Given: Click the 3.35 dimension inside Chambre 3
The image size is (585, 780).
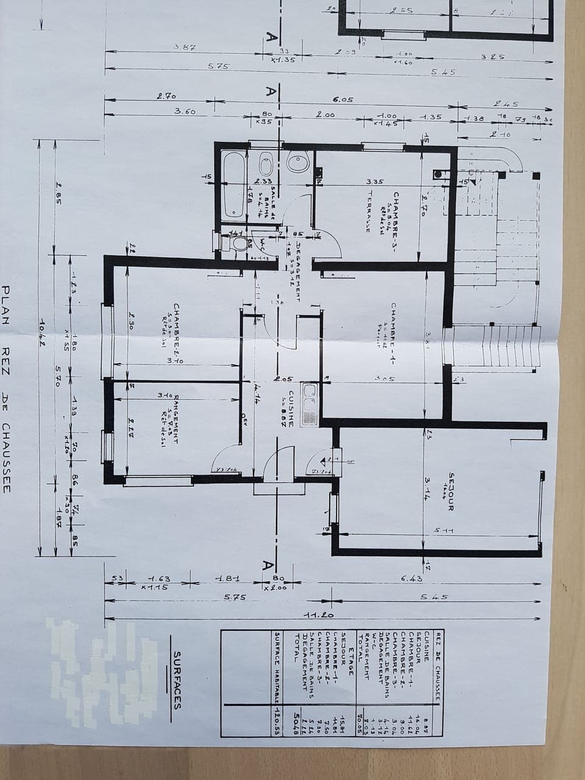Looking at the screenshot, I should click(x=374, y=181).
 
